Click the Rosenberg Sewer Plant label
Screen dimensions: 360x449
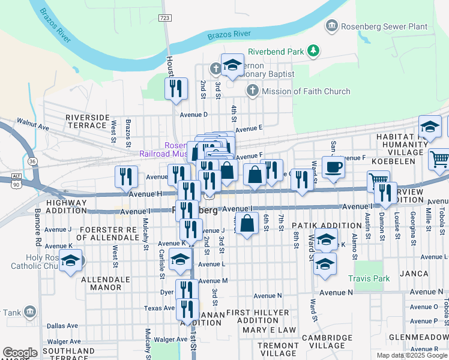[x=384, y=26]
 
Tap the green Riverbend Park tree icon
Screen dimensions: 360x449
[x=312, y=51]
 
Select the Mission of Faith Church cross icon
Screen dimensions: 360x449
[x=252, y=91]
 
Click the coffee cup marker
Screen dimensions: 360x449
[x=333, y=167]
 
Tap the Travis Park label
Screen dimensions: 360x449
[x=369, y=278]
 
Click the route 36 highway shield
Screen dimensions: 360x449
[x=32, y=161]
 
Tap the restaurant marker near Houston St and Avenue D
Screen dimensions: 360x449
[x=176, y=89]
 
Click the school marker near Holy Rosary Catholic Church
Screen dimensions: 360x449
[x=71, y=262]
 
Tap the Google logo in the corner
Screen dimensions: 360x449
[x=20, y=353]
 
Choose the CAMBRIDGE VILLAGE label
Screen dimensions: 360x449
[x=327, y=342]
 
